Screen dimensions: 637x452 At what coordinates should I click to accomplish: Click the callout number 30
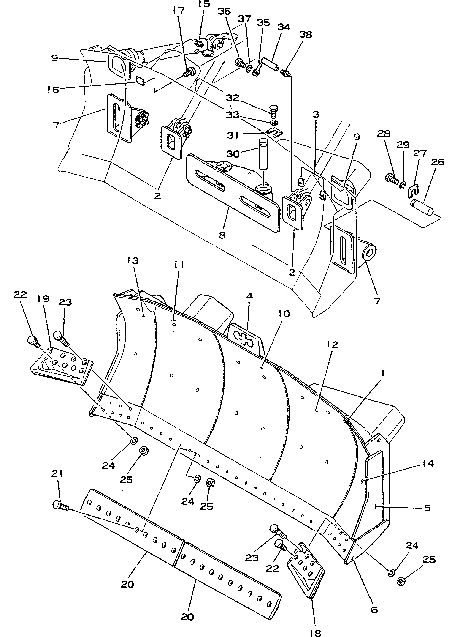(233, 153)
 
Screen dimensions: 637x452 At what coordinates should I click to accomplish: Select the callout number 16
(53, 90)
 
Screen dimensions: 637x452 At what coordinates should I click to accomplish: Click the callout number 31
(233, 135)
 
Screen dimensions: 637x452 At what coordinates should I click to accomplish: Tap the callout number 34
(284, 27)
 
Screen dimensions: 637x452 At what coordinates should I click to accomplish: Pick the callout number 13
(133, 261)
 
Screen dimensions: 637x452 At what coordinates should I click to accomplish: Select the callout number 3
(315, 114)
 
